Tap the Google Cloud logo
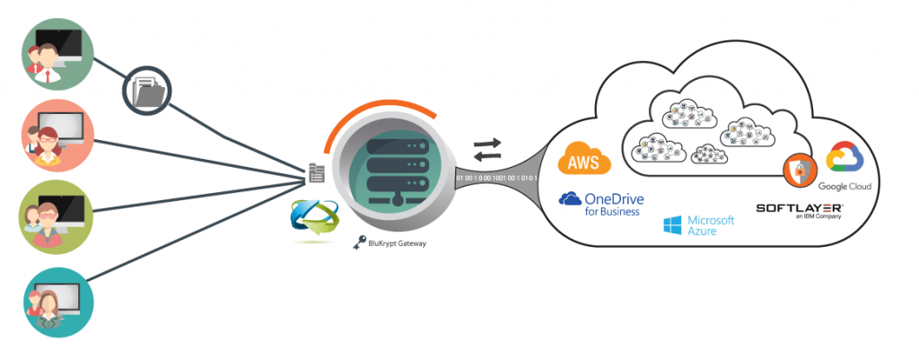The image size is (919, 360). click(x=844, y=165)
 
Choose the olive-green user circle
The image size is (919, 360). click(x=56, y=215)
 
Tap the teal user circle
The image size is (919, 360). click(x=56, y=298)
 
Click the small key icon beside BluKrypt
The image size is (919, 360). click(x=358, y=242)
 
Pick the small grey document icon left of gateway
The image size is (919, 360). click(x=316, y=174)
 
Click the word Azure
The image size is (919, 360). click(x=705, y=233)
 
